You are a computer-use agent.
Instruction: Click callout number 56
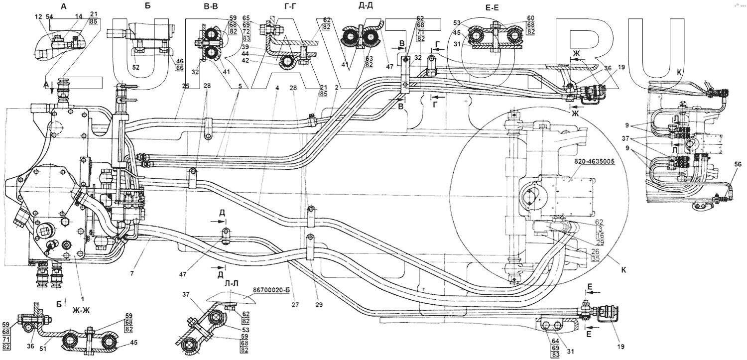[x=738, y=164]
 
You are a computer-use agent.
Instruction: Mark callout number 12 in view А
[x=39, y=17]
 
